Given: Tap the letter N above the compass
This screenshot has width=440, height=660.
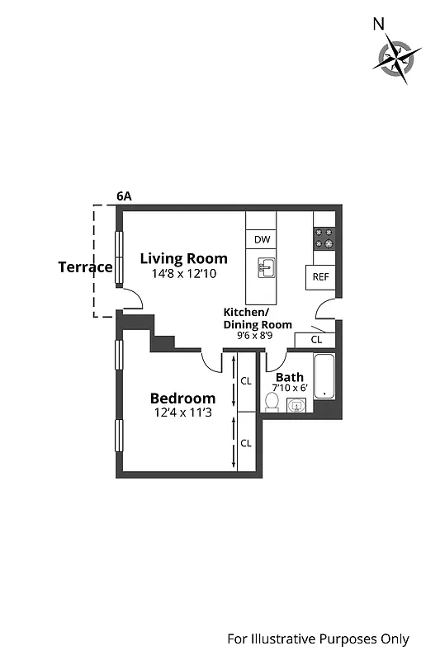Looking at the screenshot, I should pos(379,24).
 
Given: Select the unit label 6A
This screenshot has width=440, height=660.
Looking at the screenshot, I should pos(124,196).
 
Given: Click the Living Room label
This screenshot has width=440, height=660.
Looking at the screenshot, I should pos(183,258).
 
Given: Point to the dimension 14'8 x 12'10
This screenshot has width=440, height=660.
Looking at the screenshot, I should pos(183,274).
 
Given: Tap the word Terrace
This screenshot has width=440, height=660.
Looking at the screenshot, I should pos(85,267).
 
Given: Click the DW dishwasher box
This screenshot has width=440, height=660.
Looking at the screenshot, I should pos(263,239).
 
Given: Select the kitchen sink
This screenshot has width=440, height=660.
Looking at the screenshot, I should pos(266,268).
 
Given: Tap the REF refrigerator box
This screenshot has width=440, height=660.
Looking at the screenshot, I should pos(320,277).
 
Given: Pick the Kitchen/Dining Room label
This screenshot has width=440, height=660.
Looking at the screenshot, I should pos(258,318).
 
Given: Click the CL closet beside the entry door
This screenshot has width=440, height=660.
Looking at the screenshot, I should pos(316,339).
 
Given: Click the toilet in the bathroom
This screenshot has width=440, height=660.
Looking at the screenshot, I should pos(272,402).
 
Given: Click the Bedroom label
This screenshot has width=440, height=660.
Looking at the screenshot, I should pos(182,398).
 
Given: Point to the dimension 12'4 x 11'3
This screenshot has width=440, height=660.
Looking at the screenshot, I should pos(182,413).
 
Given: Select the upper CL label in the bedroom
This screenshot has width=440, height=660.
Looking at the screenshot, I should pos(246,381).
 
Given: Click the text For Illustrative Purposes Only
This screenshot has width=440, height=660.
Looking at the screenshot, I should pos(318,639).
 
